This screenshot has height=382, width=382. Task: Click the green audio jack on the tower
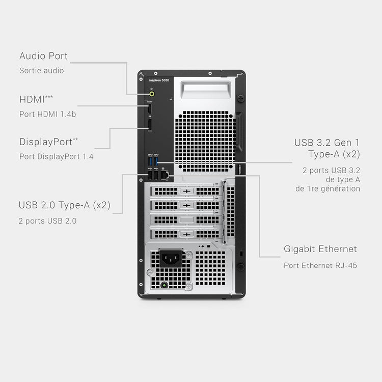pyautogui.click(x=152, y=94)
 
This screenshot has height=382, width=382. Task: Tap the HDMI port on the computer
pyautogui.click(x=150, y=109)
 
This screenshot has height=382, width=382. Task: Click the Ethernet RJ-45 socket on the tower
pyautogui.click(x=165, y=175)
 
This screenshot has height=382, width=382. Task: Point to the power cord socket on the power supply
pyautogui.click(x=171, y=258)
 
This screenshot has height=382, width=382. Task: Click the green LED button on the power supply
pyautogui.click(x=165, y=285)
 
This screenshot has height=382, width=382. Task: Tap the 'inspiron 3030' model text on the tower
pyautogui.click(x=159, y=80)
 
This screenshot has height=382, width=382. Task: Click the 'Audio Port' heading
pyautogui.click(x=43, y=56)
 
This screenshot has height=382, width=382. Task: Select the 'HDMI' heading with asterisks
pyautogui.click(x=36, y=99)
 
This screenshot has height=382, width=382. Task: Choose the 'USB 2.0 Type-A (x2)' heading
pyautogui.click(x=64, y=205)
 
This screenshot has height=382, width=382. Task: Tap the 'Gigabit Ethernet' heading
pyautogui.click(x=320, y=249)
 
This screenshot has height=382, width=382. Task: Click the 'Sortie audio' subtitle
pyautogui.click(x=42, y=71)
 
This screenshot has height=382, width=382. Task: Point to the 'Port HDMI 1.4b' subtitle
pyautogui.click(x=47, y=114)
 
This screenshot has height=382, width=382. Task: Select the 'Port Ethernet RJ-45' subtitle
pyautogui.click(x=320, y=265)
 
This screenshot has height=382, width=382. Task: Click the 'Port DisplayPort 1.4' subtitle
pyautogui.click(x=56, y=156)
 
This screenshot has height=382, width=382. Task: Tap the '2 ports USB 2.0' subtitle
pyautogui.click(x=47, y=221)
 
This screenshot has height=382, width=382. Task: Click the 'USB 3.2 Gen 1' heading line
pyautogui.click(x=327, y=143)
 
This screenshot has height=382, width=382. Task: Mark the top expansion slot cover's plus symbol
pyautogui.click(x=186, y=191)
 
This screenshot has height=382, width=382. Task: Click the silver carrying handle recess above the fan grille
pyautogui.click(x=206, y=90)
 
